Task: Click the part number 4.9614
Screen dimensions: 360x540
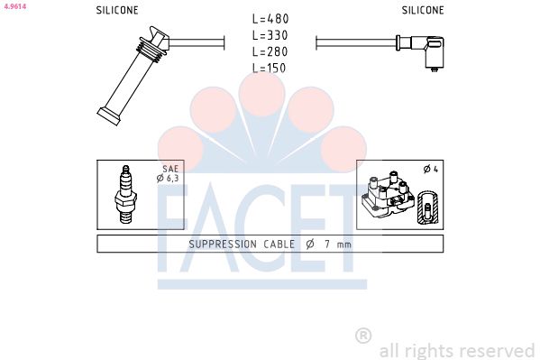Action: pos(14,5)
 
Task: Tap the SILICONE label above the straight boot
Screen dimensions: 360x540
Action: pos(117,11)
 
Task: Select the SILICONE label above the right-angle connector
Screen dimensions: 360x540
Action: pos(423,11)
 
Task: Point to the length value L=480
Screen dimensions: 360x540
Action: pos(270,19)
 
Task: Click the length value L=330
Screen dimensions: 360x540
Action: pos(270,35)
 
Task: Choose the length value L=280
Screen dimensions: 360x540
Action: pos(270,51)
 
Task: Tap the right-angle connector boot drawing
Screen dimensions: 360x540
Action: pos(423,51)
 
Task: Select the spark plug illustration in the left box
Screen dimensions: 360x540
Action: pos(125,194)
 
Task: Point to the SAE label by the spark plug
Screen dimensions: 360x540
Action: pos(170,169)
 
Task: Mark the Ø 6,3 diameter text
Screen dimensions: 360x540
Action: pos(169,179)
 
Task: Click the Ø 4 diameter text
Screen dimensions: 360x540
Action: pos(430,170)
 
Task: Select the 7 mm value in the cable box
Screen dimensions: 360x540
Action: pos(338,245)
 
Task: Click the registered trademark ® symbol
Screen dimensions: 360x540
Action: pos(363,336)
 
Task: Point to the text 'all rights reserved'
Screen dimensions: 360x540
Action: pos(457,350)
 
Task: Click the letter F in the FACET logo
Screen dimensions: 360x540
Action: pos(178,230)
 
